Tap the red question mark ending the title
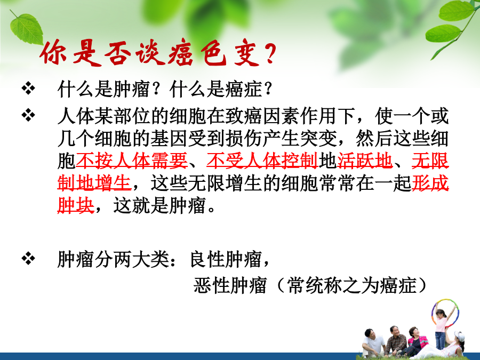click(x=269, y=53)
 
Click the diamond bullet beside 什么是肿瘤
click(x=28, y=89)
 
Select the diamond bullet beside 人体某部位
click(x=28, y=115)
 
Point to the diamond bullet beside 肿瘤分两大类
click(x=28, y=259)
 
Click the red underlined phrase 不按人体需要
click(x=132, y=161)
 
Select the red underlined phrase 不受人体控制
click(x=262, y=161)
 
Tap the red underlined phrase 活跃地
click(x=365, y=161)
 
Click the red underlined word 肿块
click(x=76, y=205)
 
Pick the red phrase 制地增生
click(x=94, y=183)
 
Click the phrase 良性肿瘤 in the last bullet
click(x=226, y=259)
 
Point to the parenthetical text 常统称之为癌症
click(x=352, y=285)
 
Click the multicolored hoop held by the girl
click(x=446, y=312)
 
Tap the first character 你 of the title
click(x=53, y=53)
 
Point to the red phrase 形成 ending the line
click(x=430, y=183)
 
